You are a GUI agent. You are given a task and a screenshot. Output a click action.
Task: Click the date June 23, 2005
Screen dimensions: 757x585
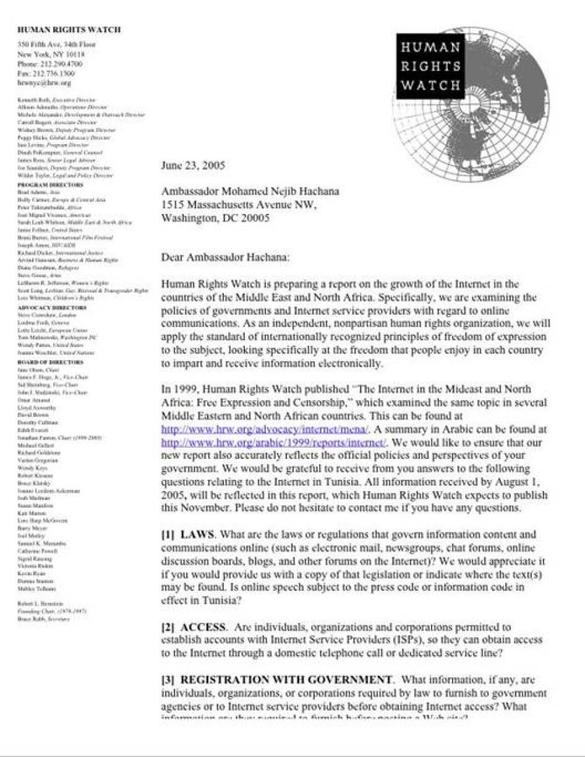193,166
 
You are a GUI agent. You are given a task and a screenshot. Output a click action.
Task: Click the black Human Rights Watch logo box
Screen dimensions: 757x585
430,66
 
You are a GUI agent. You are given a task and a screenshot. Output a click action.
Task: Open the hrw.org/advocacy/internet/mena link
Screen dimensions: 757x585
264,429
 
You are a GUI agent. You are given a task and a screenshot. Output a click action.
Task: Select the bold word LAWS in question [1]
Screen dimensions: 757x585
197,534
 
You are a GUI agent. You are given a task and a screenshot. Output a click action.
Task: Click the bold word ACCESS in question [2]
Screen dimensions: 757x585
203,627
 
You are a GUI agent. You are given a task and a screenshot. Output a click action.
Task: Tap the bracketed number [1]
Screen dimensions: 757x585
168,534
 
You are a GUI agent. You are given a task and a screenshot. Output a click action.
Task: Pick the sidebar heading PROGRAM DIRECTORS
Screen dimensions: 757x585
51,185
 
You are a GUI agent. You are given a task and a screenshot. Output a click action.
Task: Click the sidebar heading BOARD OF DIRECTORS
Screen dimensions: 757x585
50,362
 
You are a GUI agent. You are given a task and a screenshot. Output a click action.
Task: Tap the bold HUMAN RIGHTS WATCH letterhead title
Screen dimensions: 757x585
69,29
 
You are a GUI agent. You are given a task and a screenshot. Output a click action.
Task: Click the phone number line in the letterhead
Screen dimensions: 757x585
50,64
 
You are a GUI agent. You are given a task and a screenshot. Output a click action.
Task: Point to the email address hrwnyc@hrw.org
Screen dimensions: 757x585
45,82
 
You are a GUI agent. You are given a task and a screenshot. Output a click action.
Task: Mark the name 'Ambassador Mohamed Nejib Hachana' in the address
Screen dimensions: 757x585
241,192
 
